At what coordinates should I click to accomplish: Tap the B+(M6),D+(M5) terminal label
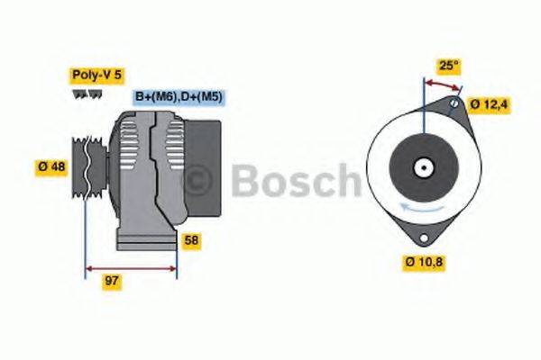click(179, 96)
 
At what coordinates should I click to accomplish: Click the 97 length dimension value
click(113, 281)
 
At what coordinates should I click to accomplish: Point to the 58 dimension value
click(191, 241)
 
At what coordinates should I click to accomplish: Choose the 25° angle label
click(449, 65)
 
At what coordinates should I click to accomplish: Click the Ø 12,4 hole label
click(491, 105)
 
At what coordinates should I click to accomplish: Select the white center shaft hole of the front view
click(422, 167)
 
